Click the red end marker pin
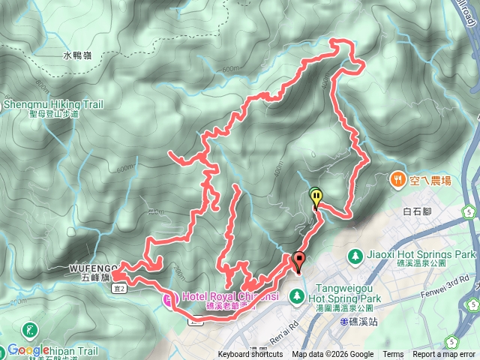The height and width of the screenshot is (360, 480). tap(298, 262)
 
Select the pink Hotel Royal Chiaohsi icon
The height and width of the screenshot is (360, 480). tap(167, 299)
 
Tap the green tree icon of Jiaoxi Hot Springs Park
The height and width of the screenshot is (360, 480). tap(353, 256)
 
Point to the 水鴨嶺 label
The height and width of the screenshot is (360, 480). tap(78, 55)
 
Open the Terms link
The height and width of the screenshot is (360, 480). tap(392, 355)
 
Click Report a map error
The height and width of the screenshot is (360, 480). tap(444, 355)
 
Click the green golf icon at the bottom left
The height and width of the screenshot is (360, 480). tap(30, 330)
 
